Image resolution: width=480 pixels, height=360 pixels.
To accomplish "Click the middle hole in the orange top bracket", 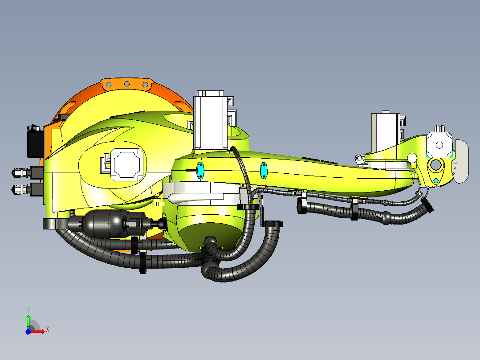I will click(127, 84).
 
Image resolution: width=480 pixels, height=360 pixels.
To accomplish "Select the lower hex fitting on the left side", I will click(20, 189).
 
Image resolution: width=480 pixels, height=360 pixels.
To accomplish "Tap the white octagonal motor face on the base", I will click(128, 164).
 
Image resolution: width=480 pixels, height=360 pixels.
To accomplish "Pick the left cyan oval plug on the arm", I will click(200, 170).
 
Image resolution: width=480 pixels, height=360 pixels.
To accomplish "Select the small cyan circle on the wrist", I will click(436, 180).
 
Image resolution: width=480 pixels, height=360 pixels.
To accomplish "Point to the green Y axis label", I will click(28, 309).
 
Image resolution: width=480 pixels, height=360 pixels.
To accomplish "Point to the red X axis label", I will click(47, 330).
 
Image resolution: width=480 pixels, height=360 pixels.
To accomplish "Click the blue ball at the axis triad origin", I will click(28, 331).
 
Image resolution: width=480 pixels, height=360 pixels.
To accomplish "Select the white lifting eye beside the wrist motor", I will click(358, 159).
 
